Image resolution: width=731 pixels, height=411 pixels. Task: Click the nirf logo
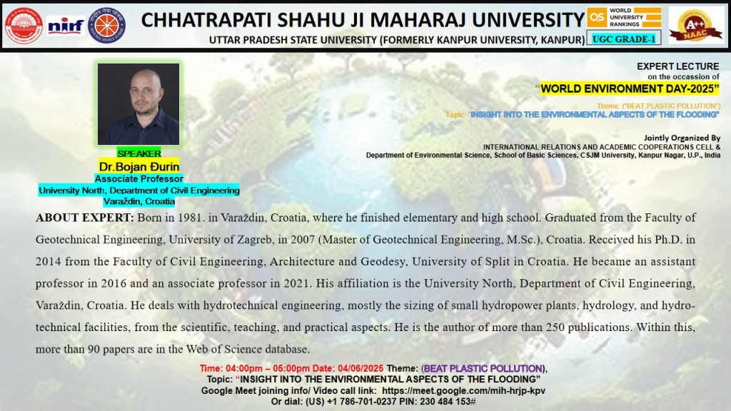(65, 26)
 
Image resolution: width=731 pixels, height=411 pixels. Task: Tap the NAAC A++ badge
(695, 25)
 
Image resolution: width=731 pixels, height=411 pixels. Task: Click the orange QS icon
(597, 18)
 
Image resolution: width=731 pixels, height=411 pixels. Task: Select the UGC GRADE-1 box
(623, 39)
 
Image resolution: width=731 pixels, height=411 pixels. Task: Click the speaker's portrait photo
(138, 104)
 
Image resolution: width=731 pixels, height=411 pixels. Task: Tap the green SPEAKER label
(139, 153)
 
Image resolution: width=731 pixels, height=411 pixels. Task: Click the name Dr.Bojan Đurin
(139, 166)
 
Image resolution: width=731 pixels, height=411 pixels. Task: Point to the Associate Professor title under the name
(139, 178)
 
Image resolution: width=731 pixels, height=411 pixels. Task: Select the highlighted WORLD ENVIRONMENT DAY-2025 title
(630, 88)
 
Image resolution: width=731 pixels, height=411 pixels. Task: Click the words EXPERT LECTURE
(678, 66)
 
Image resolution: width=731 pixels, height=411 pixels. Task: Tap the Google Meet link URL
(463, 390)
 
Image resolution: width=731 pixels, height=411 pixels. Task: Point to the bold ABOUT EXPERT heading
(84, 218)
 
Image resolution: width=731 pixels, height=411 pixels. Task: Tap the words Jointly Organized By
(682, 138)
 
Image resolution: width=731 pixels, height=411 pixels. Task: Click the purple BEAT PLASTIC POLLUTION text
(483, 368)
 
